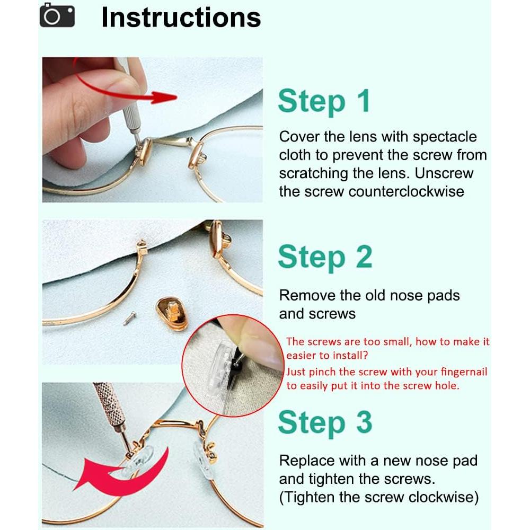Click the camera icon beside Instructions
click(57, 15)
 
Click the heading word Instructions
click(181, 17)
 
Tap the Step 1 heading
click(324, 102)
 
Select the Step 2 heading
click(325, 258)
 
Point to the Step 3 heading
click(325, 423)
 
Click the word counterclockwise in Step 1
click(407, 192)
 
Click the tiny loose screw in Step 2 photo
click(129, 317)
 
